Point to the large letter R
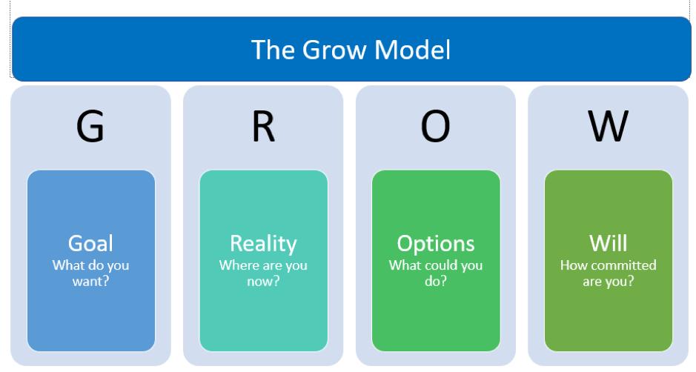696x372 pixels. (263, 127)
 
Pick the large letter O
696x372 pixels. (435, 127)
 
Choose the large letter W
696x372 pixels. (608, 127)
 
